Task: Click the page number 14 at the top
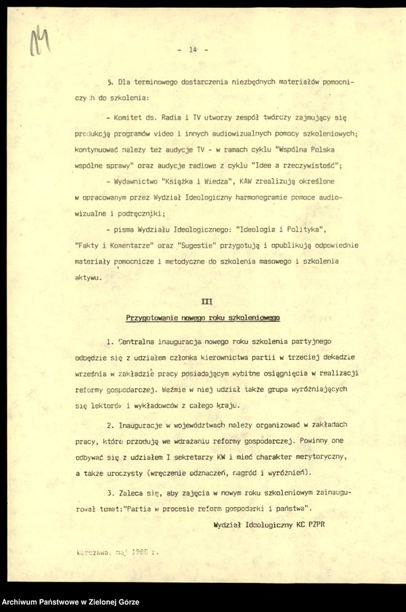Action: pos(193,50)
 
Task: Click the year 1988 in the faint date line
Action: pos(142,552)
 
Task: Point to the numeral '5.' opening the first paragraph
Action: pos(111,82)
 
